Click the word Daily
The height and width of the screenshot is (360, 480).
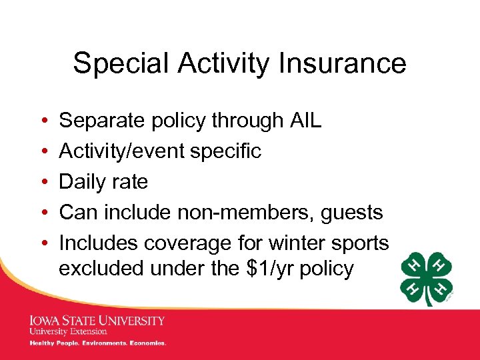point(83,182)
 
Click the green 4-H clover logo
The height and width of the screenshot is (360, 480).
point(427,279)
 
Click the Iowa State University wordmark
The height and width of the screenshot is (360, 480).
point(97,321)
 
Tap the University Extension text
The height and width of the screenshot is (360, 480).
point(67,331)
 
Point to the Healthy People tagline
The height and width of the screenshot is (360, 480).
point(97,343)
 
